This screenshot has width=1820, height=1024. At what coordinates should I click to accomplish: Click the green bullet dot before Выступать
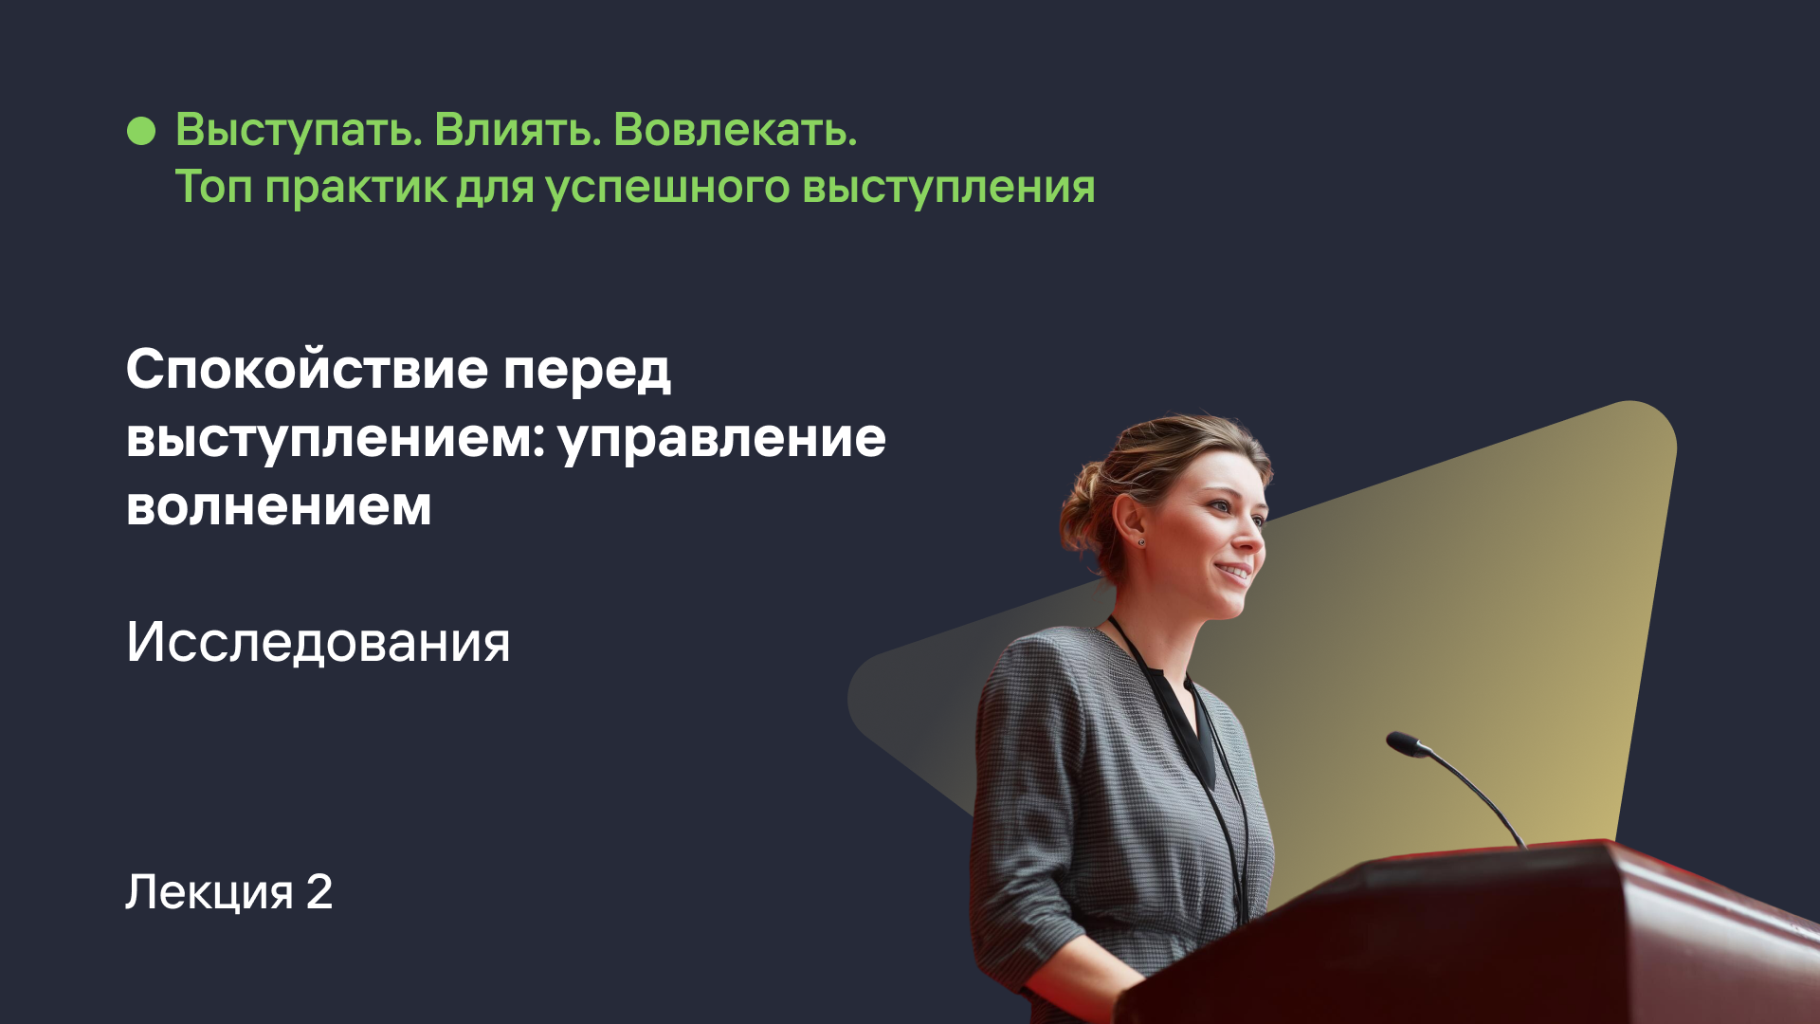pos(141,131)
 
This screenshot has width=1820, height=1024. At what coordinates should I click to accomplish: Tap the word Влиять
pos(518,130)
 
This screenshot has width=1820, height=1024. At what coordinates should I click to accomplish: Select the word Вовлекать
pos(735,130)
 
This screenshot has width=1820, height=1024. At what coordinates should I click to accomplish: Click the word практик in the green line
pos(355,188)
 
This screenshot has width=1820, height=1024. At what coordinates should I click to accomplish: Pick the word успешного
pos(667,188)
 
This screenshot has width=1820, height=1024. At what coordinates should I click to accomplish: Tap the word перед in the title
pos(587,371)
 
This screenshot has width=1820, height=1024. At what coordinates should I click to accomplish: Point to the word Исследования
pos(318,644)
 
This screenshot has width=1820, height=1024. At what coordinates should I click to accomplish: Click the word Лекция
pos(209,893)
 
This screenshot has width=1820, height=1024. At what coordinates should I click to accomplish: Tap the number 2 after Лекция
pos(319,891)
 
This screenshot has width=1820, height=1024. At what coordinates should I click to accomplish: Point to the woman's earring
pos(1141,542)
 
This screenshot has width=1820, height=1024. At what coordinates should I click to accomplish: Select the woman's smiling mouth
pos(1234,572)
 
